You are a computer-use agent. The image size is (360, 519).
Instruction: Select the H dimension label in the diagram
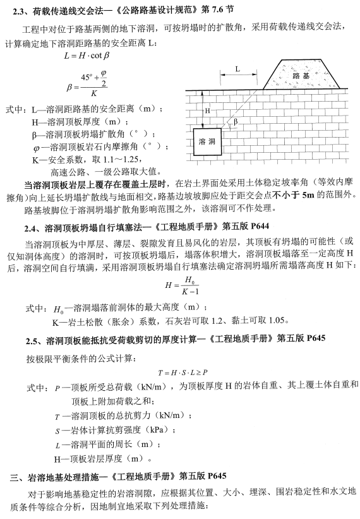pyautogui.click(x=207, y=110)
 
